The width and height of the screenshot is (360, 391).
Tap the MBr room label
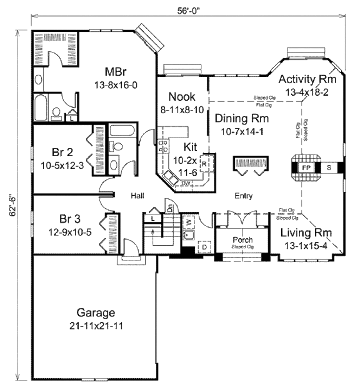(116, 72)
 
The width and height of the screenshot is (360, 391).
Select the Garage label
(96, 313)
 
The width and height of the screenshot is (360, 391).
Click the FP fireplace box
(306, 168)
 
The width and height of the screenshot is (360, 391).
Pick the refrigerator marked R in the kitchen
(204, 163)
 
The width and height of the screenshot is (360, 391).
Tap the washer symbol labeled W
(188, 222)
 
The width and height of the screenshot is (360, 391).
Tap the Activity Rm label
(307, 79)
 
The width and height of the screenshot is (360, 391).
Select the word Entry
(243, 196)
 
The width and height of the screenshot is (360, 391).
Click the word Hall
(137, 195)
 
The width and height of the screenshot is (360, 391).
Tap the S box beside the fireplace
(329, 168)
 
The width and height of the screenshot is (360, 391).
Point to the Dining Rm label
(242, 119)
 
